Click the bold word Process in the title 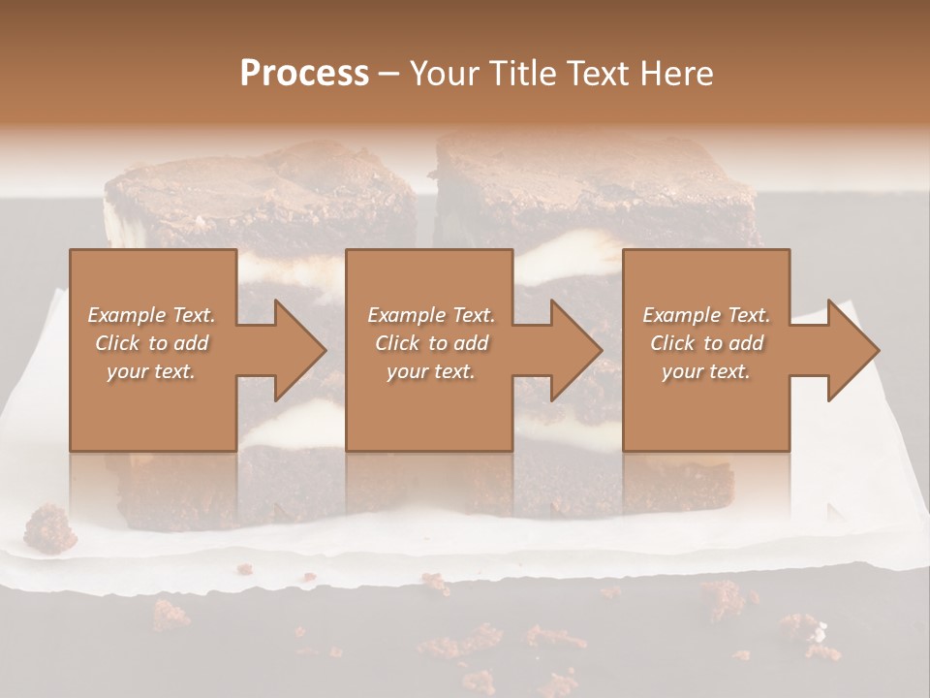coord(304,74)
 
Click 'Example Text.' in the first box coord(152,315)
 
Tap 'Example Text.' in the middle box coord(431,315)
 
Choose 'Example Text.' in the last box coord(706,315)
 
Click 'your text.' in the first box coord(151,371)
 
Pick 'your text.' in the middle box coord(431,371)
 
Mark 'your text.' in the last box coord(706,371)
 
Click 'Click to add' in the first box coord(152,343)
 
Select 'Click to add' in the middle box coord(431,343)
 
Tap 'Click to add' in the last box coord(706,343)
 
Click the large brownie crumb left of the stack coord(49,528)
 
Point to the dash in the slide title coord(389,74)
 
